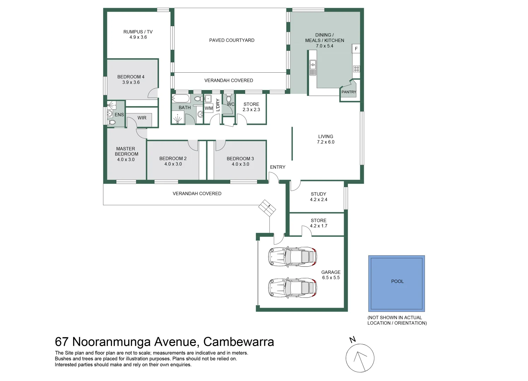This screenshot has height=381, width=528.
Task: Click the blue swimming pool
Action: pyautogui.click(x=397, y=283)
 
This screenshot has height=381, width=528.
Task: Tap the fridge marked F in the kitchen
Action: pyautogui.click(x=356, y=49)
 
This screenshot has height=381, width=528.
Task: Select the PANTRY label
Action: pyautogui.click(x=349, y=92)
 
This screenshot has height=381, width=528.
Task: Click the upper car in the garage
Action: pyautogui.click(x=292, y=257)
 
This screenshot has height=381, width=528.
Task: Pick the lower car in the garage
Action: pyautogui.click(x=292, y=288)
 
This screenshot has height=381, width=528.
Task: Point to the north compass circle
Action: pyautogui.click(x=360, y=358)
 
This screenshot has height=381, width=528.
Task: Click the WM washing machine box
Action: pyautogui.click(x=209, y=108)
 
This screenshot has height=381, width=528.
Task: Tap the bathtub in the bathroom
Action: pyautogui.click(x=181, y=98)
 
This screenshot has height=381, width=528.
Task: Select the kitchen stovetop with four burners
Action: pyautogui.click(x=356, y=69)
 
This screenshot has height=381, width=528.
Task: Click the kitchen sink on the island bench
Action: pyautogui.click(x=313, y=67)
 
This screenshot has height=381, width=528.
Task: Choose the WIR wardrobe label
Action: pyautogui.click(x=142, y=118)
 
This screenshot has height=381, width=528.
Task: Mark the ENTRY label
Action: pyautogui.click(x=278, y=167)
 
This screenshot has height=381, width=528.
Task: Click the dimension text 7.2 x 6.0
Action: pyautogui.click(x=326, y=142)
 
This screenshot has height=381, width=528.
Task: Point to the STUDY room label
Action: pyautogui.click(x=319, y=194)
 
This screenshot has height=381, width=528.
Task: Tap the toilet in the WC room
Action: pyautogui.click(x=229, y=98)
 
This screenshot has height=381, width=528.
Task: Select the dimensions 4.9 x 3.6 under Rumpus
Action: pyautogui.click(x=138, y=37)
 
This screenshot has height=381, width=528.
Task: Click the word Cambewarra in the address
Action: pyautogui.click(x=238, y=342)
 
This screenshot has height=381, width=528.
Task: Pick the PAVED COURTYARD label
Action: pyautogui.click(x=232, y=40)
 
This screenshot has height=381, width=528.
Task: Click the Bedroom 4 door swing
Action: pyautogui.click(x=153, y=93)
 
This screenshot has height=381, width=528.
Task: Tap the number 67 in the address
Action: pyautogui.click(x=62, y=342)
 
